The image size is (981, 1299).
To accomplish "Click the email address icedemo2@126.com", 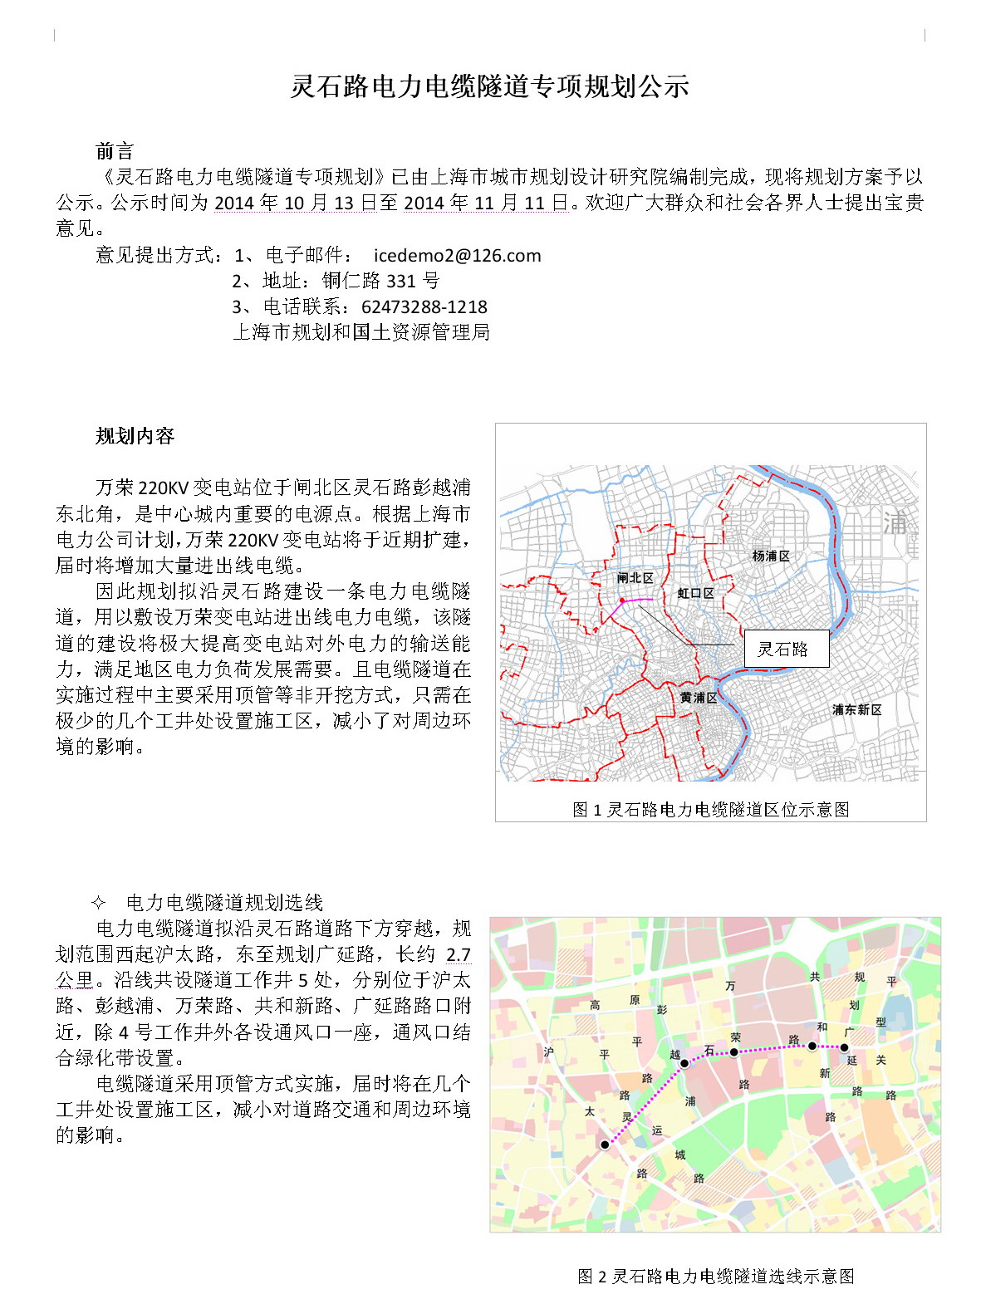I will point(457,256).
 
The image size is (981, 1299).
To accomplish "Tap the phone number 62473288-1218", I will point(424,307).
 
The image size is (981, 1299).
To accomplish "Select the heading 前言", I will point(115,151).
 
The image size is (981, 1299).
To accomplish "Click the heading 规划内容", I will point(135,436).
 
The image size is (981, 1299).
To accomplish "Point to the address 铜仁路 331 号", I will point(380,282).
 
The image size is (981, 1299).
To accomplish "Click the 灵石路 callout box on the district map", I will point(782,649).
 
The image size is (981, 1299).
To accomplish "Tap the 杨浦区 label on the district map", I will point(770,556).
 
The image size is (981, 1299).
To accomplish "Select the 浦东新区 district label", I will point(856,710).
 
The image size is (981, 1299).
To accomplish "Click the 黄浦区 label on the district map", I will point(698,698).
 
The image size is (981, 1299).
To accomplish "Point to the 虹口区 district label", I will point(695,593).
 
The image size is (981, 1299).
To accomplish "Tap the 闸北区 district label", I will point(635,578).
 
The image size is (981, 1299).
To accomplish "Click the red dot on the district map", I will point(621,600).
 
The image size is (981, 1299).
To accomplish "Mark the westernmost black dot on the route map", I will point(605,1145).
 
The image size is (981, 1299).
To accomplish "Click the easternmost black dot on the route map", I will point(845,1047).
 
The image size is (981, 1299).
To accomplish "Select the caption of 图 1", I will point(711,809).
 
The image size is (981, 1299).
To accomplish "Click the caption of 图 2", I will point(715,1276).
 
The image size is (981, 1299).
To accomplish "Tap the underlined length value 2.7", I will point(459,955).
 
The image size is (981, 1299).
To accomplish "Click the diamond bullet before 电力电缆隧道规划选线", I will point(98,903).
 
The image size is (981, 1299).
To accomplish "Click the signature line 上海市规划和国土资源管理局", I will point(361,332).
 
